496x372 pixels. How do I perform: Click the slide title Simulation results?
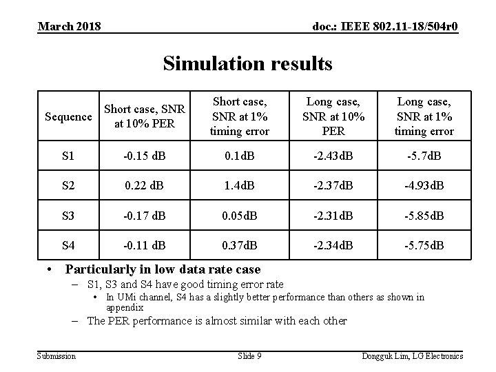247,64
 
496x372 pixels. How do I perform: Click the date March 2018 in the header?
70,26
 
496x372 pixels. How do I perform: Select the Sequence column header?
67,117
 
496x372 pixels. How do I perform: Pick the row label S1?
67,156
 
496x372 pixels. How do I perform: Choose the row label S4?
67,245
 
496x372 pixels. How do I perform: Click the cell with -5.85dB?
423,216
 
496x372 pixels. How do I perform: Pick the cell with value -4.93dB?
423,186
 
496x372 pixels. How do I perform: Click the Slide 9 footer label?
249,355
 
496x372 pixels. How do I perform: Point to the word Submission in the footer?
56,355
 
